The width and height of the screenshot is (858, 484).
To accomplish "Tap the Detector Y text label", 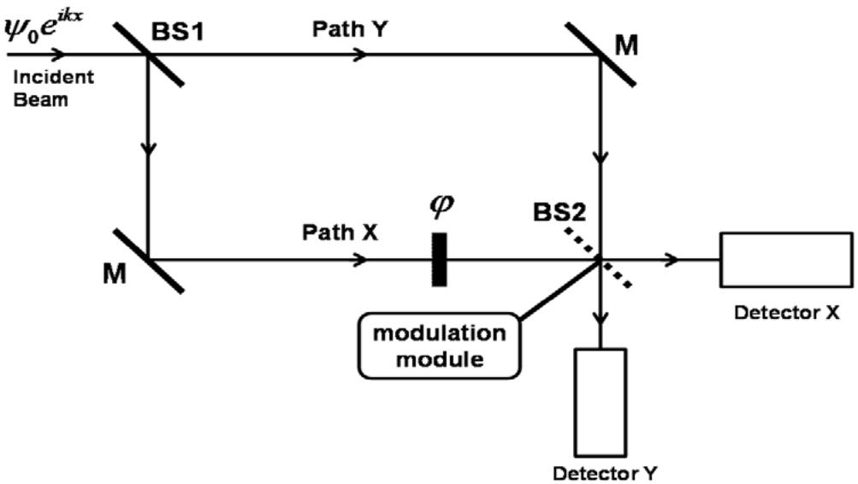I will coord(605,472).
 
